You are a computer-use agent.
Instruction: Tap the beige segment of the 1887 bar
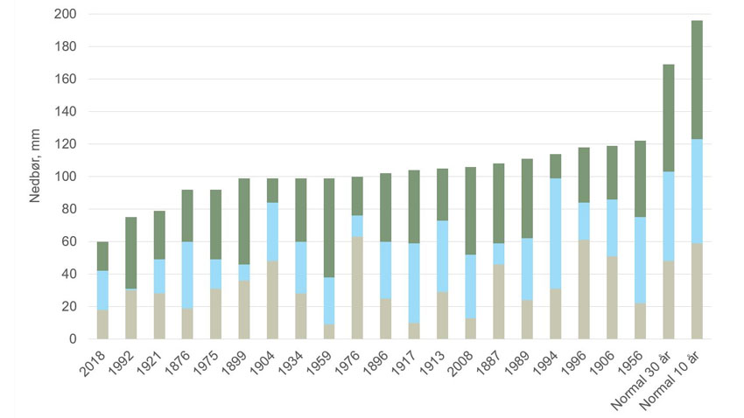pos(499,302)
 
